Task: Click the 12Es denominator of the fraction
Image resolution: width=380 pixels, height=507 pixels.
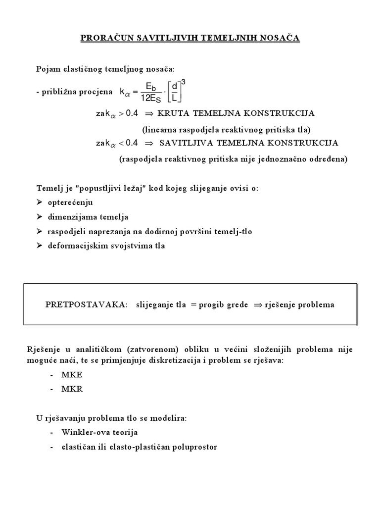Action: click(151, 98)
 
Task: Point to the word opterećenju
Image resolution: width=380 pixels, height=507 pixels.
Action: click(70, 203)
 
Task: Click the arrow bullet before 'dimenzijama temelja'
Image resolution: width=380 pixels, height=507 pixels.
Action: click(40, 217)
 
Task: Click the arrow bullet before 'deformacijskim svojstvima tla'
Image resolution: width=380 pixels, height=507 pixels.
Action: click(40, 246)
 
